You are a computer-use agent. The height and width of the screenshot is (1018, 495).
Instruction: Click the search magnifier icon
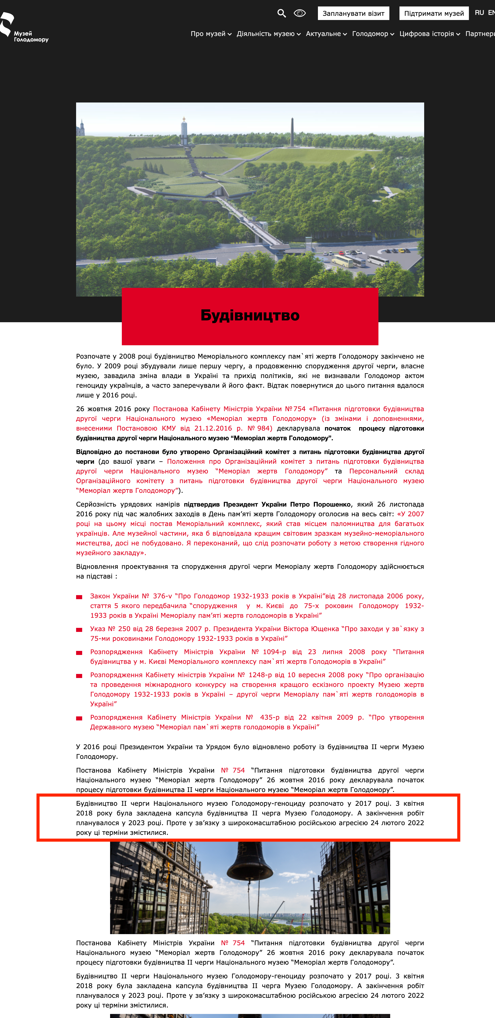point(281,13)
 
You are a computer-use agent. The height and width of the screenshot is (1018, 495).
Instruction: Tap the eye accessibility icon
point(300,13)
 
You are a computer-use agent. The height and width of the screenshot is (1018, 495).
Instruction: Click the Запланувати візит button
point(353,13)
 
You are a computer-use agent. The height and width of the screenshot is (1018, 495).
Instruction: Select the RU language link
point(479,13)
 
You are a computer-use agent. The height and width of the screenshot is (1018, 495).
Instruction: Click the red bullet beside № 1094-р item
point(79,653)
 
